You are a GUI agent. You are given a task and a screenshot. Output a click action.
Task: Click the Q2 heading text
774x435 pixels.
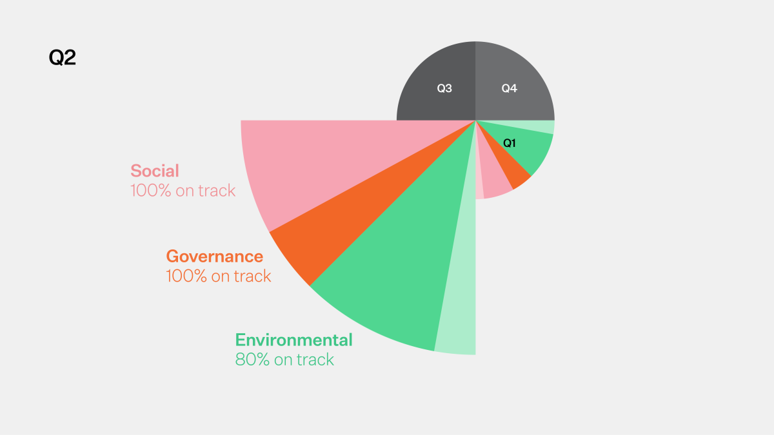pyautogui.click(x=63, y=58)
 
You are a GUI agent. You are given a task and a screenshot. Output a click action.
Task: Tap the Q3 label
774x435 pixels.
pyautogui.click(x=444, y=89)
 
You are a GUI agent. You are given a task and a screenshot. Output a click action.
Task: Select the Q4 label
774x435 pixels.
pyautogui.click(x=510, y=89)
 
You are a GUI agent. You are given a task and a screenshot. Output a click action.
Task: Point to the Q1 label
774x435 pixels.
pyautogui.click(x=510, y=144)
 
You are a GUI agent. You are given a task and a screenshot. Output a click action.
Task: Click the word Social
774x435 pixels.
pyautogui.click(x=155, y=171)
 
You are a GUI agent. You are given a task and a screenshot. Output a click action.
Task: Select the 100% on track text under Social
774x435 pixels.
pyautogui.click(x=183, y=191)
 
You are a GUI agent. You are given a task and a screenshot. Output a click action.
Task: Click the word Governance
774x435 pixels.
pyautogui.click(x=215, y=256)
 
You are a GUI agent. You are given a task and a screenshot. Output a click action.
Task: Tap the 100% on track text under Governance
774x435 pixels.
pyautogui.click(x=219, y=276)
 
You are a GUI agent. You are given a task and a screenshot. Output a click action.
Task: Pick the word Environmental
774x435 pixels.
pyautogui.click(x=293, y=340)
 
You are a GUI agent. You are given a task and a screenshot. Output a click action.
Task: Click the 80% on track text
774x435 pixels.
pyautogui.click(x=284, y=360)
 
